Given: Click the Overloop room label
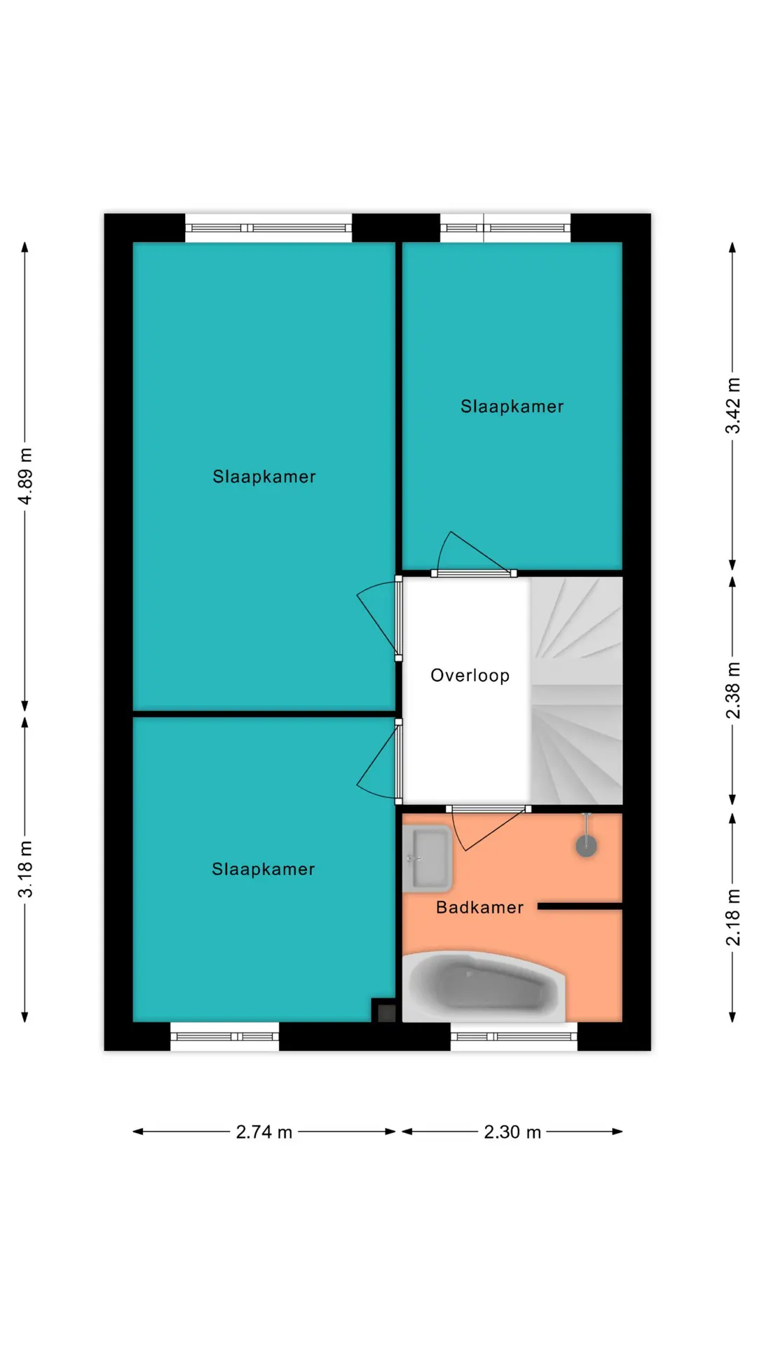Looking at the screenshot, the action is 470,676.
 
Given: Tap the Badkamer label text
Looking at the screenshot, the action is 479,907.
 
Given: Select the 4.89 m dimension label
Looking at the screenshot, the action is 25,477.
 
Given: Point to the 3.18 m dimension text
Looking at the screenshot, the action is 25,869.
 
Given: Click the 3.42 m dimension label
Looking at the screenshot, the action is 732,406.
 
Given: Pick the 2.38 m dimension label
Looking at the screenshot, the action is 732,691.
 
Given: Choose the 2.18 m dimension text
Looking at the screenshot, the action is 732,918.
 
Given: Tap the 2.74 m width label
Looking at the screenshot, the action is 264,1132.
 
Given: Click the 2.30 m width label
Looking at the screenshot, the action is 512,1132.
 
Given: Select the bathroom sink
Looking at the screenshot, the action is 427,858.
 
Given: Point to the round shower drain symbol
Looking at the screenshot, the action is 586,846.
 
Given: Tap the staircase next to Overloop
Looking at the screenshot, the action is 576,691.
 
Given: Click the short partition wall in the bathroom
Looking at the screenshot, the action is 580,906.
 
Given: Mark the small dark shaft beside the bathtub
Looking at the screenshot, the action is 384,1010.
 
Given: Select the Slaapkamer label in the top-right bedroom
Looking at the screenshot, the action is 512,407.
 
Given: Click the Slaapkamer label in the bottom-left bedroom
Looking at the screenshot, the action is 264,869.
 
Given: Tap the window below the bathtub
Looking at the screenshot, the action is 514,1036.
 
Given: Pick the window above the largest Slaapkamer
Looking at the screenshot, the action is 268,228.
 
